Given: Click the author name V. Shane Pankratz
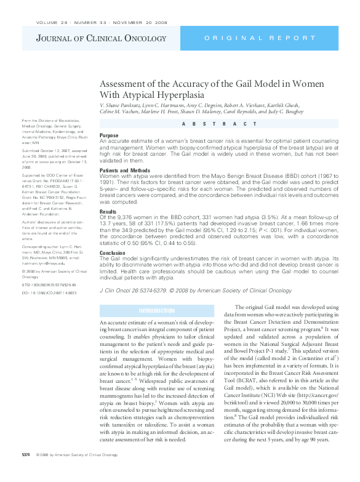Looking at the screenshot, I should click(123, 105).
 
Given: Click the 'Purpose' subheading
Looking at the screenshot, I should click(109, 135).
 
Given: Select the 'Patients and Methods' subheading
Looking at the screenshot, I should click(124, 170).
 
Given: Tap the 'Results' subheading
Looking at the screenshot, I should click(108, 211).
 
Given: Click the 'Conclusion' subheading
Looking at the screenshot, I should click(113, 252).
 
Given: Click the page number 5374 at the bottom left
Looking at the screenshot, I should click(26, 472).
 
